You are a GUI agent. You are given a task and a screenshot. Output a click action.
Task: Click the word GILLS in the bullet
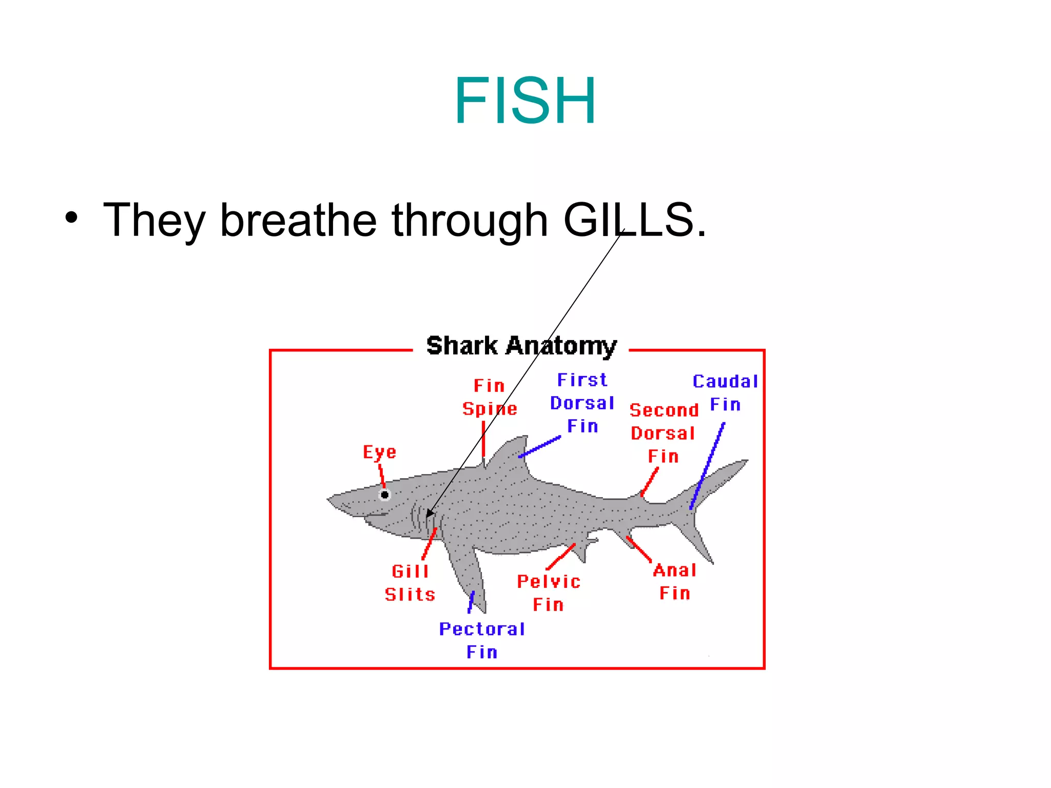(x=634, y=220)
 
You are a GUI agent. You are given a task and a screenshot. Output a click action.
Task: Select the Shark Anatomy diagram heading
(x=521, y=346)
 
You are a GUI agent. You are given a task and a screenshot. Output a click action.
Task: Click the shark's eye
(x=384, y=495)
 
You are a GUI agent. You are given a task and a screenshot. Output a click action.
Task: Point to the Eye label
(x=379, y=452)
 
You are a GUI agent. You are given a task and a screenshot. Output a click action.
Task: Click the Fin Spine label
(x=489, y=398)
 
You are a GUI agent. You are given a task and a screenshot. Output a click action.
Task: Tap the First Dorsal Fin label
(x=582, y=403)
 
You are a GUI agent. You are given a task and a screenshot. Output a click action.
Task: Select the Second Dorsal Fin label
(x=664, y=433)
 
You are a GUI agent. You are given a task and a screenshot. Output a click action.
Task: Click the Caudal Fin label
(x=725, y=393)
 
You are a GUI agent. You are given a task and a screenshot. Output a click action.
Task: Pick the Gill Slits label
(x=410, y=583)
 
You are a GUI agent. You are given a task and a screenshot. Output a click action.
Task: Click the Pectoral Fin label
(x=482, y=640)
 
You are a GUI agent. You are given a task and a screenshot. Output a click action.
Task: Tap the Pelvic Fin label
(x=548, y=593)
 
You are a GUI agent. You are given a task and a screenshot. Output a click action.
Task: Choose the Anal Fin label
(x=675, y=582)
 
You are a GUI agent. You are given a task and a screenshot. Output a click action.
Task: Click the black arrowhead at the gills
(x=430, y=513)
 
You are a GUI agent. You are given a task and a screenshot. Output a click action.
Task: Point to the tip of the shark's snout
(x=328, y=499)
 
